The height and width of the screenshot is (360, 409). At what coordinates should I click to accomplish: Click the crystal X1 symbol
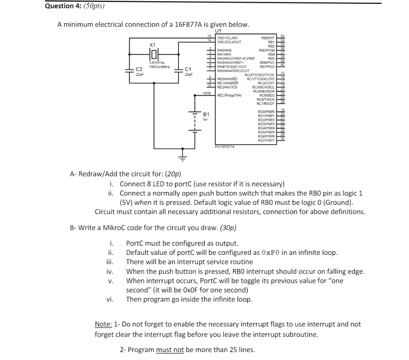(x=153, y=54)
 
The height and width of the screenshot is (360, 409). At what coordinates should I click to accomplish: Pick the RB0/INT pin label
(x=267, y=38)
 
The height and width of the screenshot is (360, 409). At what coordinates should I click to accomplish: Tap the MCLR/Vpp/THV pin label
(x=229, y=96)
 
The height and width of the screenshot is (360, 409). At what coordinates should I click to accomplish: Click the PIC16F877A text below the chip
(x=224, y=147)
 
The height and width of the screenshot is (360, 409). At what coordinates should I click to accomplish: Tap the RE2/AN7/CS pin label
(x=227, y=87)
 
